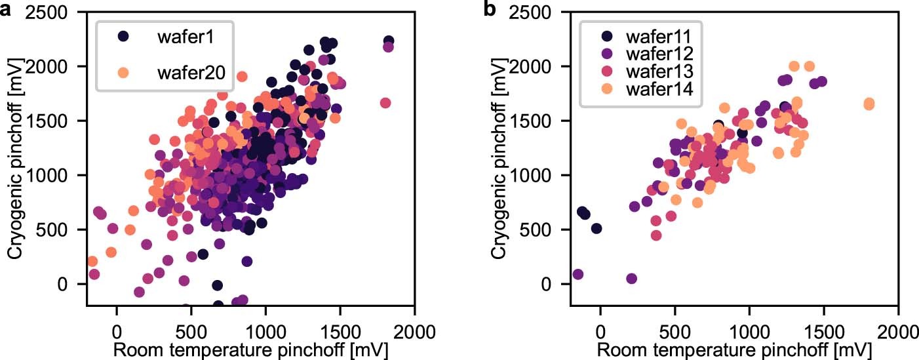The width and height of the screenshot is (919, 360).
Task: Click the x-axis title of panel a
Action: tap(250, 349)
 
